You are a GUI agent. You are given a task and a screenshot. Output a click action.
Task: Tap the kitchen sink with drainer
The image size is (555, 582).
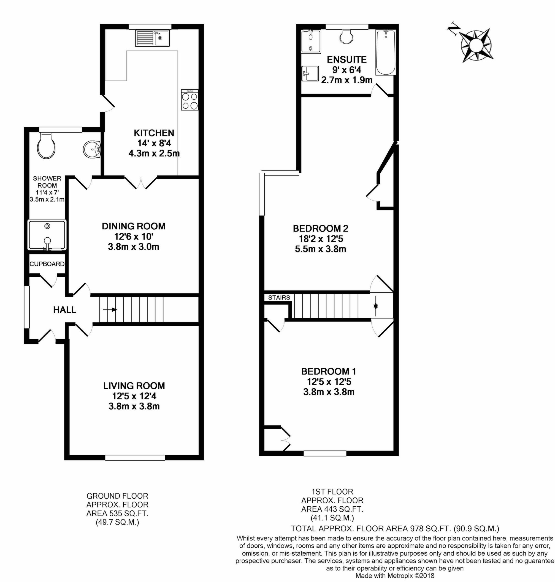click(x=152, y=38)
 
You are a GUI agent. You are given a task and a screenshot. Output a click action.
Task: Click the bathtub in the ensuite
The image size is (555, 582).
click(x=386, y=52)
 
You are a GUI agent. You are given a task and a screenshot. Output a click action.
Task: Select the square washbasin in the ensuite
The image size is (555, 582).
click(x=310, y=73)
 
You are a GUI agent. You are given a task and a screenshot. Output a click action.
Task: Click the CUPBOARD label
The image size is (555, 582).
click(x=47, y=264)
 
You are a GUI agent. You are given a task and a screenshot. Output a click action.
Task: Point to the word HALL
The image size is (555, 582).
click(x=64, y=310)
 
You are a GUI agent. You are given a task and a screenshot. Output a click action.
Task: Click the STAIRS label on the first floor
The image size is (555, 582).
click(x=279, y=298)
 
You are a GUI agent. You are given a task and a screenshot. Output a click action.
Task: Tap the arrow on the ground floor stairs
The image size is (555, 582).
click(x=110, y=310)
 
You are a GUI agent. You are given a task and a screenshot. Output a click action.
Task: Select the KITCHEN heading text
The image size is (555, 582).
click(x=154, y=133)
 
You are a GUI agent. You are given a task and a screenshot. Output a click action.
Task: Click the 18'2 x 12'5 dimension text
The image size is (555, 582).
click(x=321, y=238)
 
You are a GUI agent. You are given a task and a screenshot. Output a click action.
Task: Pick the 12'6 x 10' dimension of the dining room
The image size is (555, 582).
click(x=134, y=236)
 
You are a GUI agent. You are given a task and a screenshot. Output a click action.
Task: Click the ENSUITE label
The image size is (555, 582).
click(x=347, y=59)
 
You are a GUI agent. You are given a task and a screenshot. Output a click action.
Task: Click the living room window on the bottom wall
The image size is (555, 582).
click(x=135, y=458)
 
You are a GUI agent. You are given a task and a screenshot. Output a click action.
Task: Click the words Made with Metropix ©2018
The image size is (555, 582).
click(x=395, y=575)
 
